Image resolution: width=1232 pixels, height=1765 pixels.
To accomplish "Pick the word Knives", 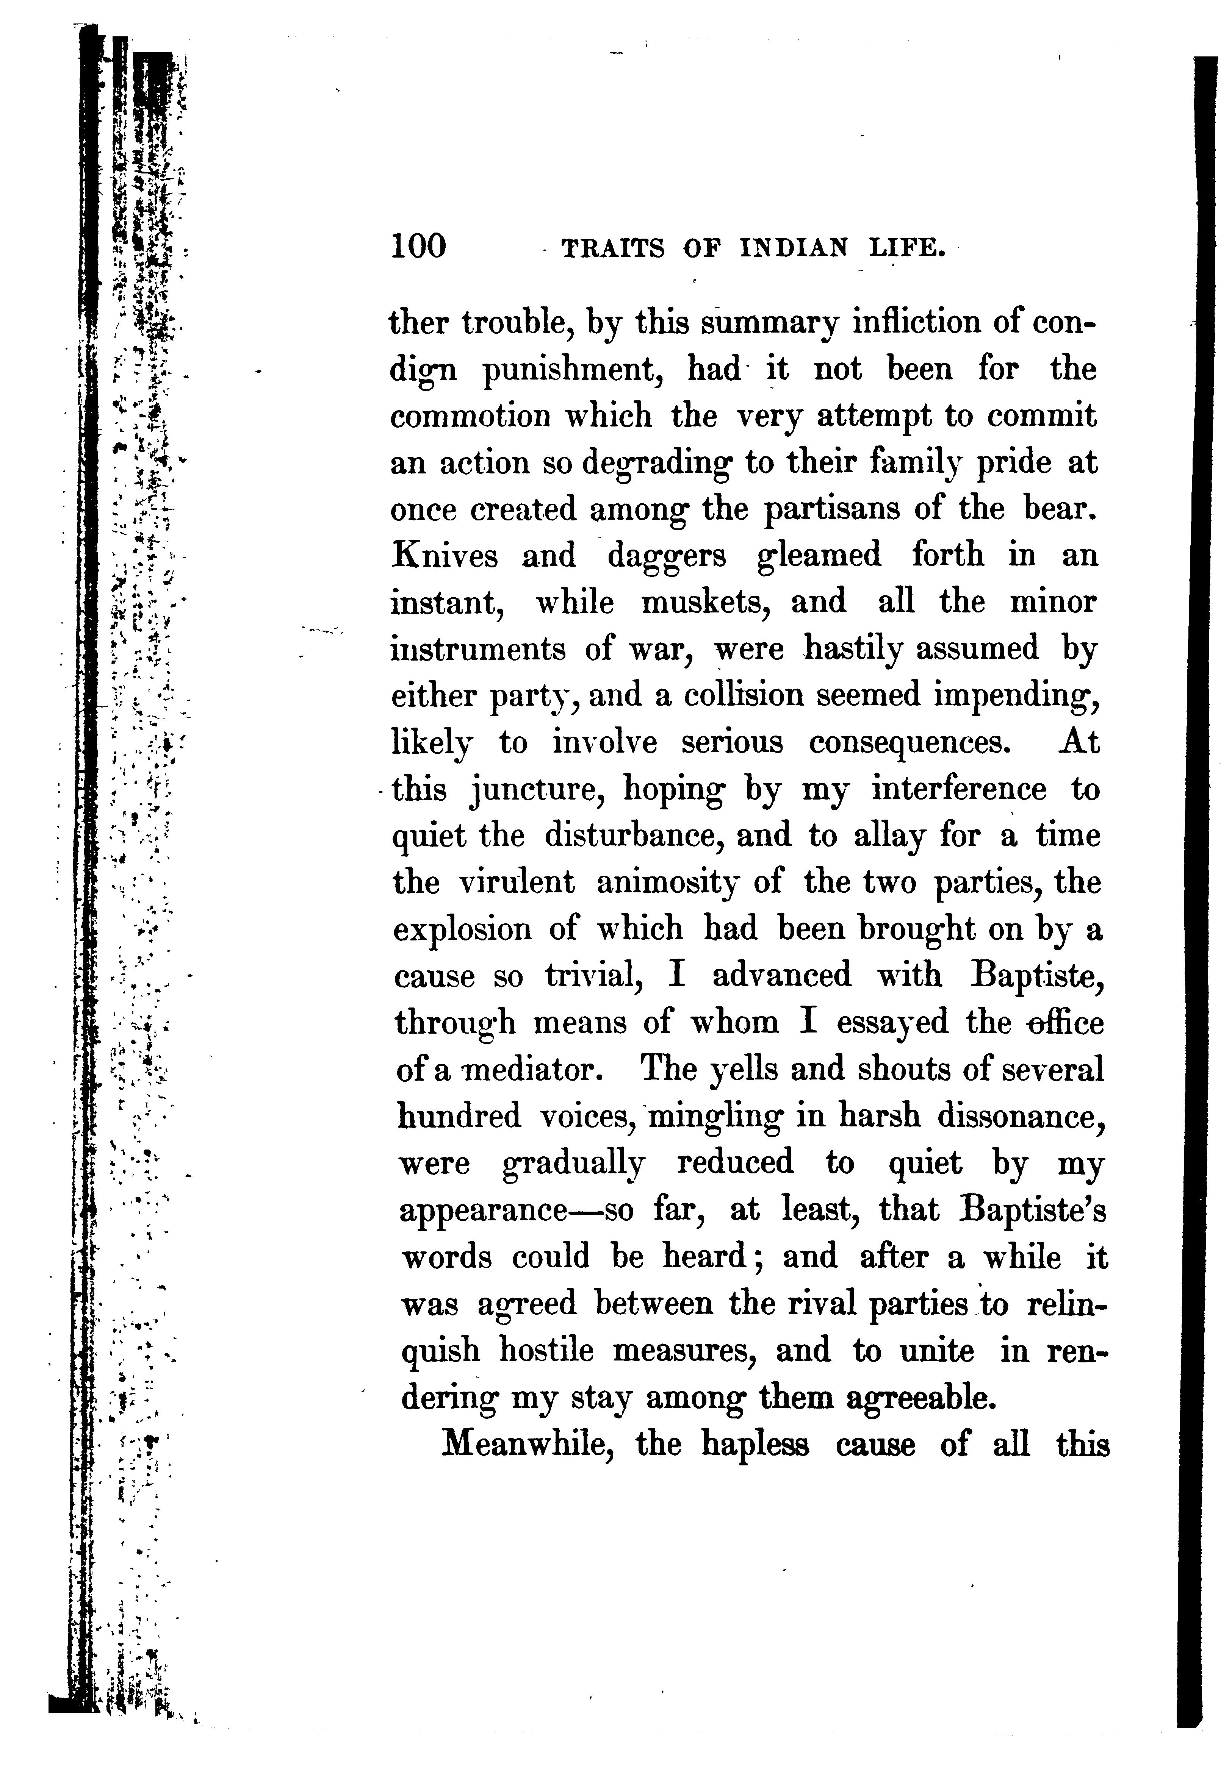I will click(445, 555).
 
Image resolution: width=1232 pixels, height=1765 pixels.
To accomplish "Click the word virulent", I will click(517, 882).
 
